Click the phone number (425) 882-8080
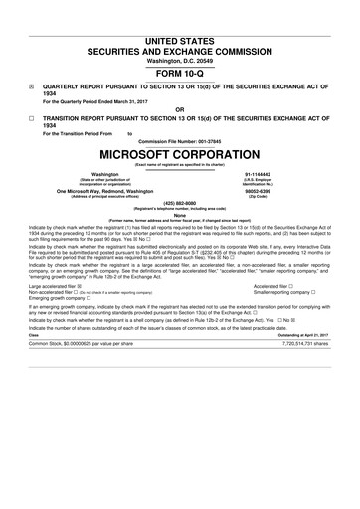click(179, 206)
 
